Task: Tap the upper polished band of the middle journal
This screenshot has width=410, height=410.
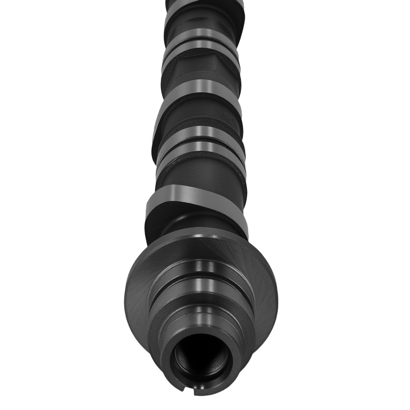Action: click(201, 132)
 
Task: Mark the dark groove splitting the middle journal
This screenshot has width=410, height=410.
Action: click(201, 141)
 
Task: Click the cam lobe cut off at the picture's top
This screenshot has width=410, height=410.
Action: click(201, 6)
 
